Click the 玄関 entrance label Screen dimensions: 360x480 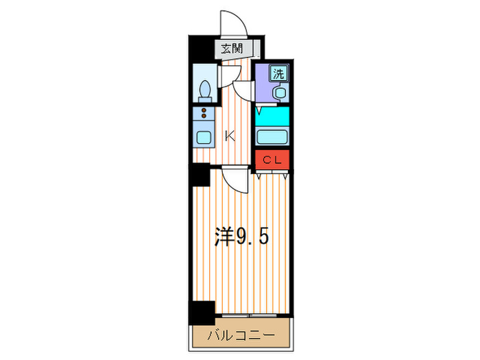coord(232,48)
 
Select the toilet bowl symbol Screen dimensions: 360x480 coord(204,89)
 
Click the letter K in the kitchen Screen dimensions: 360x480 coord(230,136)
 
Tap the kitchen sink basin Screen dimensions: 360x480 coord(204,136)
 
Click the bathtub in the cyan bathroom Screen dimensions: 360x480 coord(273,135)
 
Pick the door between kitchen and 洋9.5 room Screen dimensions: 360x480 coord(235,180)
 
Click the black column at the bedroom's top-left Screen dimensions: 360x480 coord(200,176)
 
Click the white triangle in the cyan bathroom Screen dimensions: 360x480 coord(261,110)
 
